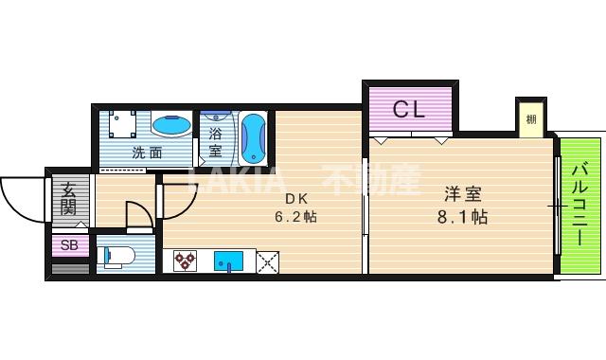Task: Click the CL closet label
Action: [409, 109]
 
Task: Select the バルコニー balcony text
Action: [579, 205]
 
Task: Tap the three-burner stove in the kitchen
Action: [184, 260]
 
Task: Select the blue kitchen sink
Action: [227, 261]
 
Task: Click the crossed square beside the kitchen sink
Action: [266, 261]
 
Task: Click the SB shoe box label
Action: [69, 245]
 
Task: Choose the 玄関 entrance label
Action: [68, 198]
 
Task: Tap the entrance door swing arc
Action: [21, 199]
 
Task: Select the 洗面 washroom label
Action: [146, 152]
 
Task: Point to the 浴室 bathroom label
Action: [215, 142]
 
